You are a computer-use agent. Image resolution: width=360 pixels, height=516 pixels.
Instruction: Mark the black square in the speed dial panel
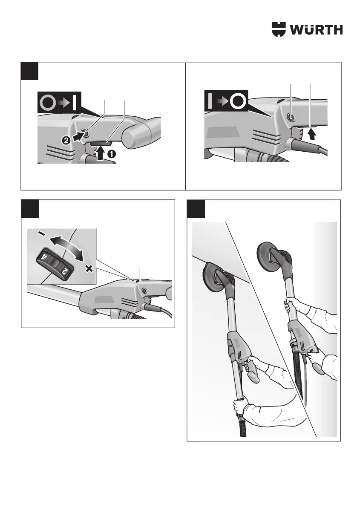point(30,208)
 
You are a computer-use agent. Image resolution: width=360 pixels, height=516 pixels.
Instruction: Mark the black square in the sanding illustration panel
point(196,208)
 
